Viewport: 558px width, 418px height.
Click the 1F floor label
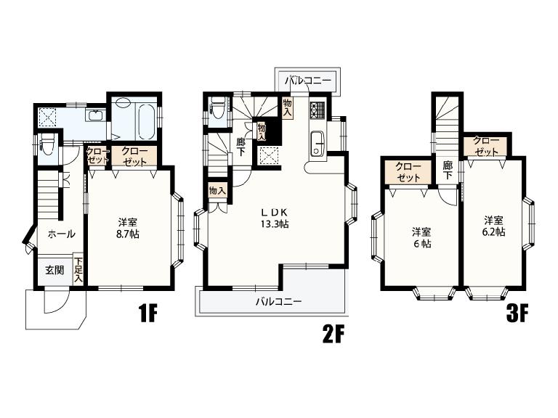coord(148,313)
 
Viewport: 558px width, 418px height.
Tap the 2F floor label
coord(333,334)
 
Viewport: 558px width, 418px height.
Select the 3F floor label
coord(517,313)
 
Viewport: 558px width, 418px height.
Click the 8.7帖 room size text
coord(128,234)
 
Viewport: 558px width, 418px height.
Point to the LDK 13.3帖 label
coord(275,218)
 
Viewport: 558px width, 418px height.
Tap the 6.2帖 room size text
coord(493,231)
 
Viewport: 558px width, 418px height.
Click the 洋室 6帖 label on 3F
coord(421,238)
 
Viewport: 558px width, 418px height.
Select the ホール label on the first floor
coord(61,234)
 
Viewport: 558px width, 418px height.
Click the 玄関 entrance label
coord(54,270)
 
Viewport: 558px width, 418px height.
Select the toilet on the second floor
coord(217,107)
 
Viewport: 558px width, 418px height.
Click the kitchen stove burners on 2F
coord(317,110)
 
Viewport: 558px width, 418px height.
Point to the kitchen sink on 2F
coord(316,144)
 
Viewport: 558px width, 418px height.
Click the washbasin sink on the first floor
coord(95,115)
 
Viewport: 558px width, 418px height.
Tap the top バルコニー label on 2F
coord(307,81)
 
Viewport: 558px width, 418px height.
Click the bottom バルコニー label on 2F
coord(279,302)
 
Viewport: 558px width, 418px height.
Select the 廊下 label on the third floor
coord(448,170)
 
